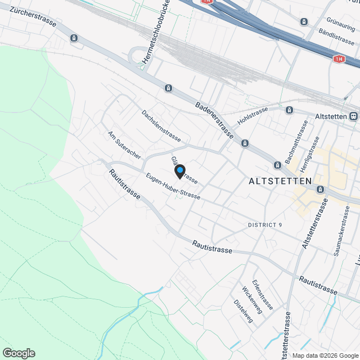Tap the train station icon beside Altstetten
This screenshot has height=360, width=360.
click(353, 116)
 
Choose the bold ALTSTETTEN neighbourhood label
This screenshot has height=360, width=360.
click(280, 181)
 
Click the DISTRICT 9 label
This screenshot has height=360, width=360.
click(265, 225)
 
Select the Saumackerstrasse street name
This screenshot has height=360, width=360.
click(341, 231)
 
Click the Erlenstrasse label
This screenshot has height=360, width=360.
click(262, 295)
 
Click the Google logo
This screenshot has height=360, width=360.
click(19, 353)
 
